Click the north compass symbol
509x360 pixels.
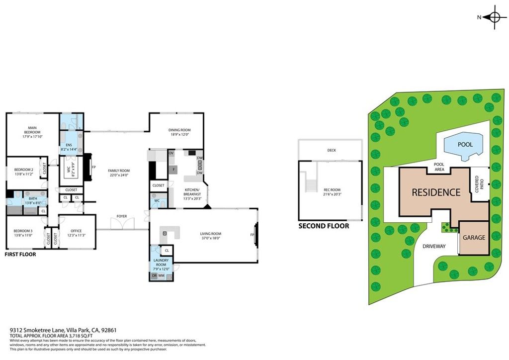pos(494,17)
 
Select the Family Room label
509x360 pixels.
pos(118,170)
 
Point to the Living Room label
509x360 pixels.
pos(211,233)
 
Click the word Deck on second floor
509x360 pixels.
pos(332,150)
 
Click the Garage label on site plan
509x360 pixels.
pos(474,238)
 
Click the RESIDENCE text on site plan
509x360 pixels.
pos(436,192)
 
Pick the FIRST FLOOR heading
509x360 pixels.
pos(20,254)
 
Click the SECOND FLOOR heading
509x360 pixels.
pos(324,226)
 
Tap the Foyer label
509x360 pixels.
pos(122,216)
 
